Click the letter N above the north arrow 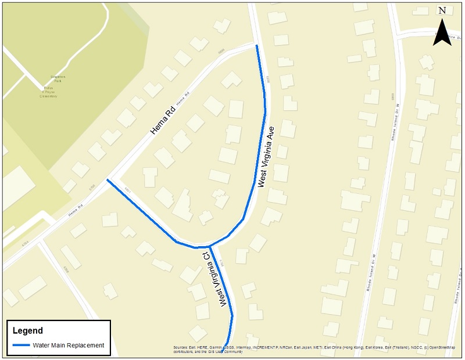point(442,10)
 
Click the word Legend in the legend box point(28,331)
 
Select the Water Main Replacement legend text point(69,345)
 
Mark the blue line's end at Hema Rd point(108,181)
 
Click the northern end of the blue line point(256,45)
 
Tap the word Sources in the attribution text point(180,348)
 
